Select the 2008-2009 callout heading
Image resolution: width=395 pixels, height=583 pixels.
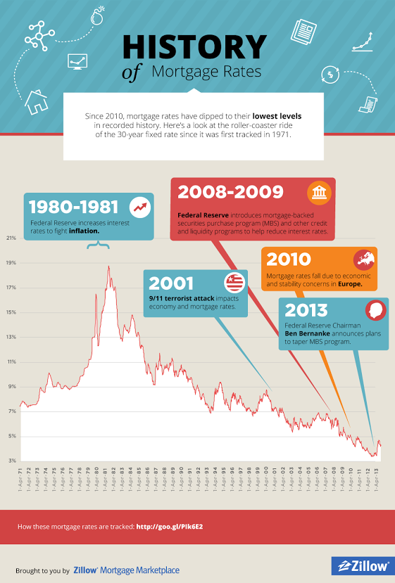coord(231,192)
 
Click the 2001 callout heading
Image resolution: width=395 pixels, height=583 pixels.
coord(171,283)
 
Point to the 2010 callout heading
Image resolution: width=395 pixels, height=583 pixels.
coord(289,259)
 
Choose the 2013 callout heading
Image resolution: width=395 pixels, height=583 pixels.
coord(307,309)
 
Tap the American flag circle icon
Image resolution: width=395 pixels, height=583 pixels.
coord(234,283)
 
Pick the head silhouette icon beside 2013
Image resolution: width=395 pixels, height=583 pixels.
coord(375,309)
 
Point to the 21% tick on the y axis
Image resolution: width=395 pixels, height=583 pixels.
coord(11,238)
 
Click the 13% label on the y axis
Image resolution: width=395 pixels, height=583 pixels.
coord(11,337)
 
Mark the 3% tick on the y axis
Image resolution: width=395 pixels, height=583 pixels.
coord(11,461)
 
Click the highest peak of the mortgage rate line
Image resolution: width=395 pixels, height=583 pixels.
coord(108,267)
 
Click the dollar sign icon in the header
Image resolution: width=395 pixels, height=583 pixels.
coord(328,74)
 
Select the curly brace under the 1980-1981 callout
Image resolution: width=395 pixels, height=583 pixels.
coord(99,245)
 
